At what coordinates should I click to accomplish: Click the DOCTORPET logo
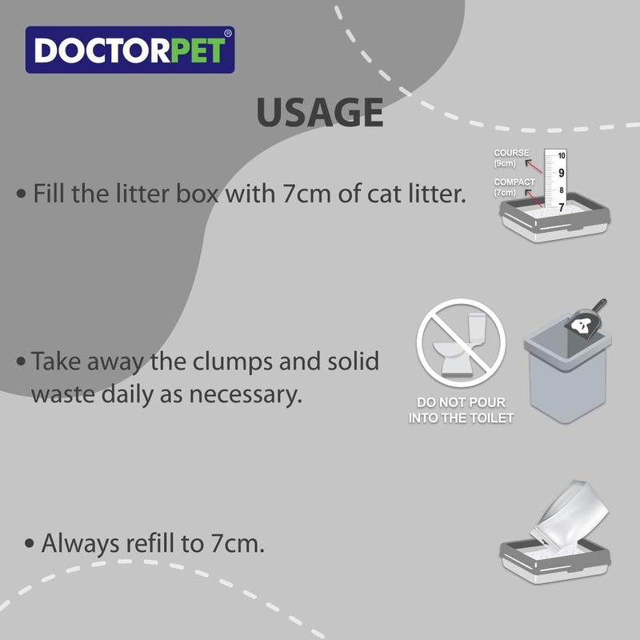130,50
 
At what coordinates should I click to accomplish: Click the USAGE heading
319,113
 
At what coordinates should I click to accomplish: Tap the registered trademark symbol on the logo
228,34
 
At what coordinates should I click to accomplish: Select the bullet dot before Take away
22,362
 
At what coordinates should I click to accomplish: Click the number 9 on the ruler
561,173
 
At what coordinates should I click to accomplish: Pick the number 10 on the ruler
562,155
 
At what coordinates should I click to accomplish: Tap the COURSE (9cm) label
511,158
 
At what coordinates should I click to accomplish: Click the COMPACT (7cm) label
514,187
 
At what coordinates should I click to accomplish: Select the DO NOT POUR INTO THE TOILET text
461,410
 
